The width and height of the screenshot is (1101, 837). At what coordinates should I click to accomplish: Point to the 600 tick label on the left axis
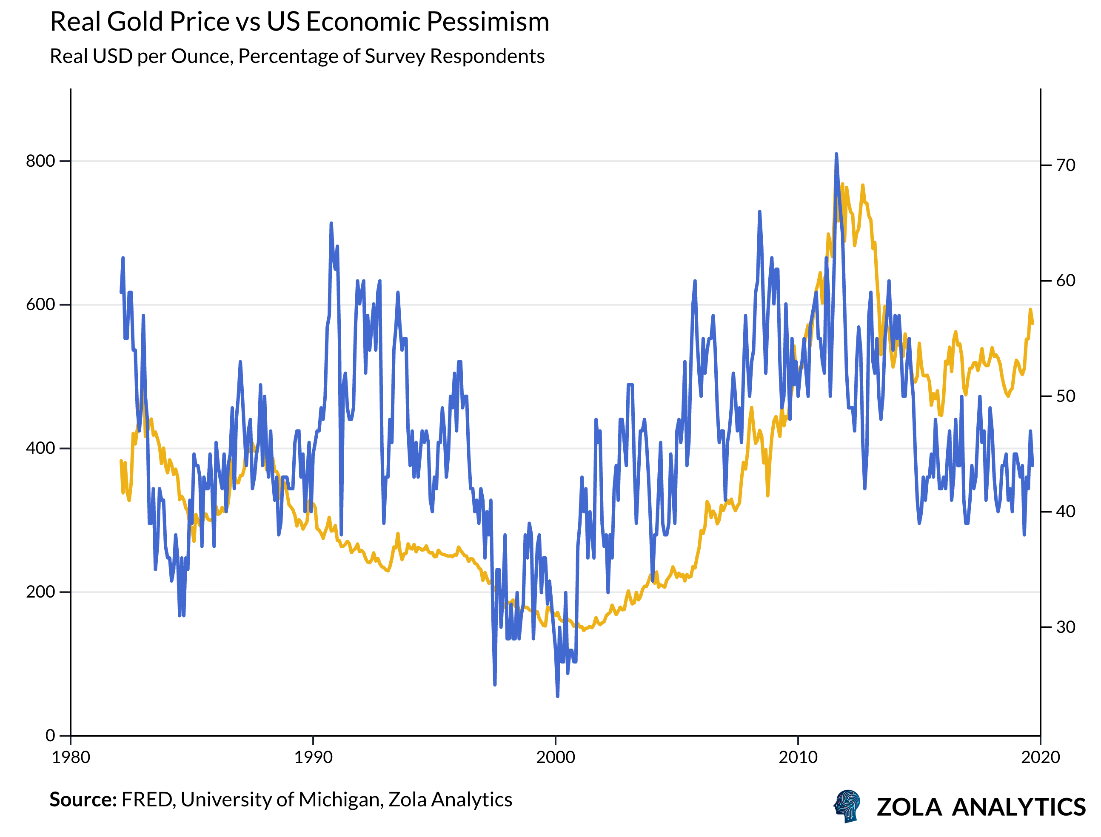pyautogui.click(x=40, y=305)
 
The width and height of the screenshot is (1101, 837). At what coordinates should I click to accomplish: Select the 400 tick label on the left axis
pyautogui.click(x=40, y=448)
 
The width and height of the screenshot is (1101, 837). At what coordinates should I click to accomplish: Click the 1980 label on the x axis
pyautogui.click(x=71, y=757)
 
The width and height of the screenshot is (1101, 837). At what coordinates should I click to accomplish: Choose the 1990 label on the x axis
pyautogui.click(x=313, y=757)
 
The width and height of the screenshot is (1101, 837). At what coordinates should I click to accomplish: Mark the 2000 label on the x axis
pyautogui.click(x=555, y=757)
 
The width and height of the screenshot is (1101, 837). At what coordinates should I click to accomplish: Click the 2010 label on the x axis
pyautogui.click(x=798, y=757)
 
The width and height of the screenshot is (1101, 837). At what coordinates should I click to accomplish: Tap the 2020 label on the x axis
pyautogui.click(x=1040, y=757)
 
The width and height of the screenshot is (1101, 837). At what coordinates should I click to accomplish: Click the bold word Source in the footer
pyautogui.click(x=83, y=800)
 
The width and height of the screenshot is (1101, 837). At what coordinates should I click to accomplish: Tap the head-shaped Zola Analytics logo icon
pyautogui.click(x=847, y=806)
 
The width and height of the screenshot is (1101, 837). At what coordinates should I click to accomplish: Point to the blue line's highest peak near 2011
pyautogui.click(x=836, y=154)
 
